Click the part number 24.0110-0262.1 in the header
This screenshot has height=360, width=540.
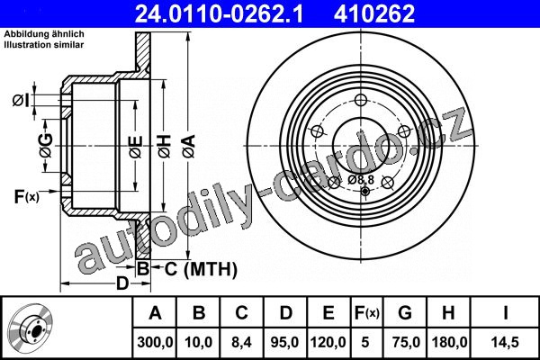pyautogui.click(x=219, y=13)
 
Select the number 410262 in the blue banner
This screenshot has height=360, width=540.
pyautogui.click(x=374, y=13)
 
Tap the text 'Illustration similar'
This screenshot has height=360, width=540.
pyautogui.click(x=44, y=44)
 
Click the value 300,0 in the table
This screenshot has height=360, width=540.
pyautogui.click(x=155, y=342)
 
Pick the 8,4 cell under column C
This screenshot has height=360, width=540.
pyautogui.click(x=242, y=342)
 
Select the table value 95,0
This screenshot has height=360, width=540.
pyautogui.click(x=285, y=342)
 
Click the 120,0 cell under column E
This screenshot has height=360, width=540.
pyautogui.click(x=328, y=342)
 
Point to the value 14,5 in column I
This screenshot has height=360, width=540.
pyautogui.click(x=505, y=342)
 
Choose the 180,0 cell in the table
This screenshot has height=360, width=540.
pyautogui.click(x=449, y=342)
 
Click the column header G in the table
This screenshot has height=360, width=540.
pyautogui.click(x=405, y=313)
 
